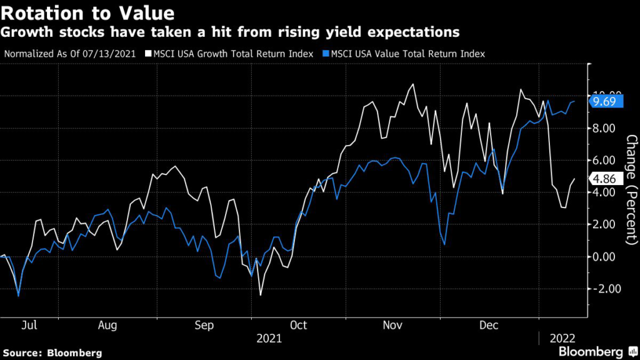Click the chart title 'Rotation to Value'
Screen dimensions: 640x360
(x=87, y=13)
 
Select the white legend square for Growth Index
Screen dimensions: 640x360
(x=148, y=54)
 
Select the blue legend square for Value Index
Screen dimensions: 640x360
(x=326, y=54)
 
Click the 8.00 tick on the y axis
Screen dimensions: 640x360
(x=604, y=128)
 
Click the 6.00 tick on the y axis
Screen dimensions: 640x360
(x=604, y=161)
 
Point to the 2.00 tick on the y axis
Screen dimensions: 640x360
(x=604, y=224)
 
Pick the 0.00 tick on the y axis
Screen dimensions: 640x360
(x=604, y=257)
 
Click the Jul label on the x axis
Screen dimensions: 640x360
(x=29, y=325)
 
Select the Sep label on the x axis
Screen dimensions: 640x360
(x=204, y=326)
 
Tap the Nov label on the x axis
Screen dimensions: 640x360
(x=392, y=325)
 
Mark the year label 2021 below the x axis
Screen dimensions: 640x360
(x=269, y=339)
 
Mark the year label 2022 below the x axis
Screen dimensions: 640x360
(x=562, y=339)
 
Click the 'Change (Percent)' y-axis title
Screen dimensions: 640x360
(x=631, y=190)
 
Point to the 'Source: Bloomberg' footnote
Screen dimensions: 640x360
(x=52, y=353)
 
